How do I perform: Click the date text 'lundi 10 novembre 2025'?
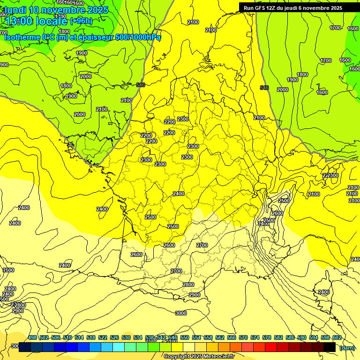click(56, 9)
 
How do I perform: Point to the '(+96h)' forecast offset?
click(81, 20)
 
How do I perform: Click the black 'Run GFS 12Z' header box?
click(293, 7)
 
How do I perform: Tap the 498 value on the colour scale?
click(32, 337)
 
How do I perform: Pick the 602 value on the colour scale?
click(337, 337)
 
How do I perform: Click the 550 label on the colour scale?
click(185, 337)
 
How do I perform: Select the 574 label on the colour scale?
click(255, 337)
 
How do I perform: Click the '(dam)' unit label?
click(347, 347)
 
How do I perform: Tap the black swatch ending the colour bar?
click(330, 347)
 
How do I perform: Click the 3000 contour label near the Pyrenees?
click(180, 313)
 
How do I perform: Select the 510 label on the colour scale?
click(67, 337)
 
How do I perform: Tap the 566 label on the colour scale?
click(232, 337)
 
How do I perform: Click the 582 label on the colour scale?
click(278, 337)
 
